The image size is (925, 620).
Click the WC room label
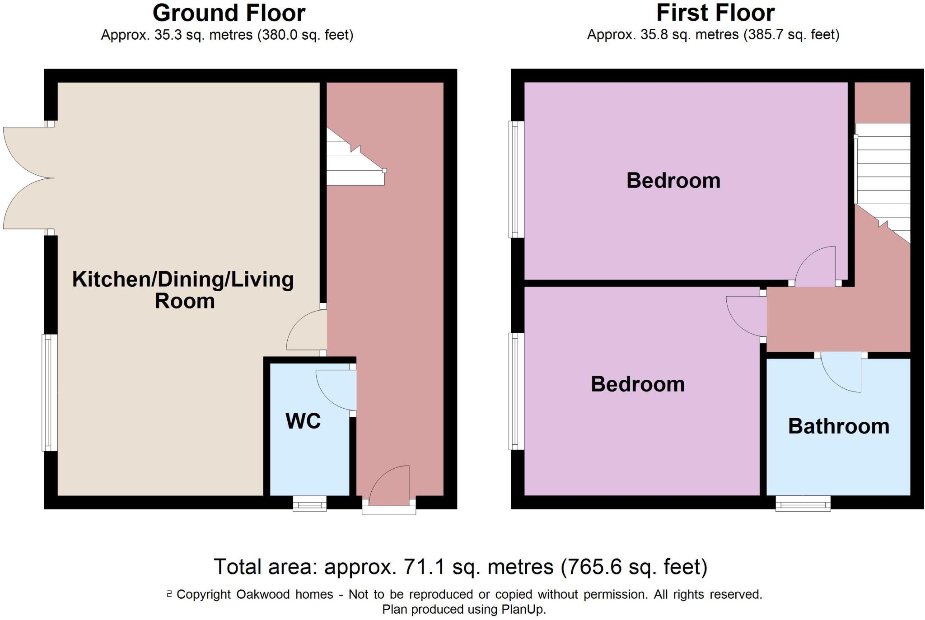(303, 421)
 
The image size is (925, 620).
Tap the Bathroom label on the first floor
(838, 426)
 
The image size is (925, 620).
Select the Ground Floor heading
(229, 13)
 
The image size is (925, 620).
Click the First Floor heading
(715, 13)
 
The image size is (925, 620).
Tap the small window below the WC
(309, 503)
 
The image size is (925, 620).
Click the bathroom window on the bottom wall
(803, 503)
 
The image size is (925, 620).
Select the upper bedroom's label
(673, 181)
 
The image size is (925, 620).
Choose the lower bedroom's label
(637, 384)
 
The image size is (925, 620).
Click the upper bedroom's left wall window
(515, 179)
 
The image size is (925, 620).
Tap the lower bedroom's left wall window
(515, 391)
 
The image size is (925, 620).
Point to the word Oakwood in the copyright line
(263, 594)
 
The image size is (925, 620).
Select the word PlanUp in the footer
(523, 609)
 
